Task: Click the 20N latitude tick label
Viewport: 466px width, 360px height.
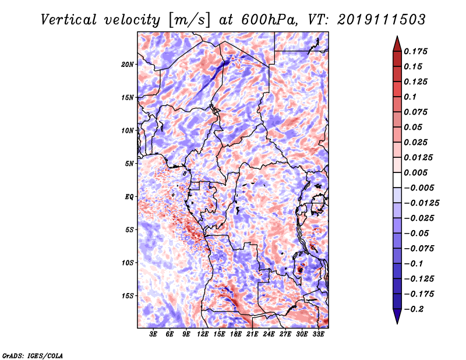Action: pyautogui.click(x=127, y=65)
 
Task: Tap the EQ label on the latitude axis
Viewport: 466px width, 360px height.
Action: pyautogui.click(x=129, y=197)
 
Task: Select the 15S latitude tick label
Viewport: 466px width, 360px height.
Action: pyautogui.click(x=127, y=296)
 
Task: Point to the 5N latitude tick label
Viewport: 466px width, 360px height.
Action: pyautogui.click(x=129, y=164)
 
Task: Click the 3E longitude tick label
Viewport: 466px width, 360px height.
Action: pyautogui.click(x=153, y=334)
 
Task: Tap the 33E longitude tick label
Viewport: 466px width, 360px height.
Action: pyautogui.click(x=318, y=334)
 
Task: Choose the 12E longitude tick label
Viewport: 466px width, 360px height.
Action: pyautogui.click(x=202, y=334)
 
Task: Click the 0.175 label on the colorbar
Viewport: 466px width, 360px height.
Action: pyautogui.click(x=415, y=51)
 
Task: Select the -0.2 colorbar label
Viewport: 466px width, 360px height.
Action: pyautogui.click(x=414, y=309)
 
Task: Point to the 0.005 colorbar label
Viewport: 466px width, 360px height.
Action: pyautogui.click(x=415, y=172)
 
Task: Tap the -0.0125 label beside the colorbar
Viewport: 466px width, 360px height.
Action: pyautogui.click(x=421, y=203)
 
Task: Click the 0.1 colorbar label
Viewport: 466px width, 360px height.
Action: pyautogui.click(x=410, y=97)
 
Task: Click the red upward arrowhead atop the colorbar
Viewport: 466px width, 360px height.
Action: pyautogui.click(x=397, y=44)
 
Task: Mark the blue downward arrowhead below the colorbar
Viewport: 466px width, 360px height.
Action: pyautogui.click(x=397, y=316)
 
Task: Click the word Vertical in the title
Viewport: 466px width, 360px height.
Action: pyautogui.click(x=68, y=20)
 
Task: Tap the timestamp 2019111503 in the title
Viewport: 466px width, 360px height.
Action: pyautogui.click(x=382, y=20)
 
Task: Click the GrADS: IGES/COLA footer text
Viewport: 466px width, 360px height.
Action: pyautogui.click(x=33, y=356)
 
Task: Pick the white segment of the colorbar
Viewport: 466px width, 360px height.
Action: pyautogui.click(x=397, y=180)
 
